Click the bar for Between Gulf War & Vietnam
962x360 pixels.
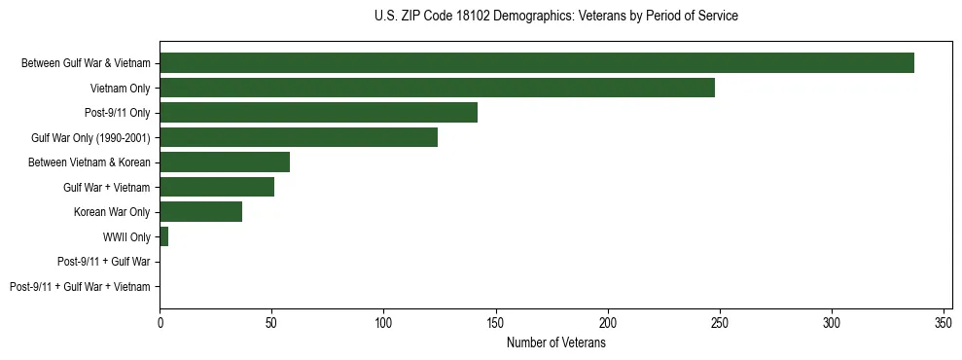[x=536, y=63]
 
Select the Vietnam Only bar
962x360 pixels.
[x=437, y=88]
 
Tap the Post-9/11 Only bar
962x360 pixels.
[x=318, y=113]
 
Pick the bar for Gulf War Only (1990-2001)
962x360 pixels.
[x=299, y=137]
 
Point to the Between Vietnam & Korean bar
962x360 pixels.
[x=225, y=162]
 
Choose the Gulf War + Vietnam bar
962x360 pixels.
[x=217, y=187]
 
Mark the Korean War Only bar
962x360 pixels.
[x=200, y=212]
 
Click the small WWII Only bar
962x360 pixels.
[x=163, y=236]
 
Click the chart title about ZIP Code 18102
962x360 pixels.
[x=555, y=17]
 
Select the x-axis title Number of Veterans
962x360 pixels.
[x=555, y=342]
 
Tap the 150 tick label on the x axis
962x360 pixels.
[x=496, y=322]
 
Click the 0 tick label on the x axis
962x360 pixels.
[x=160, y=322]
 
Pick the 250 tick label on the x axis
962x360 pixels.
[x=720, y=322]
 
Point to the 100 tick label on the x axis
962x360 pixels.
[x=383, y=322]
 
